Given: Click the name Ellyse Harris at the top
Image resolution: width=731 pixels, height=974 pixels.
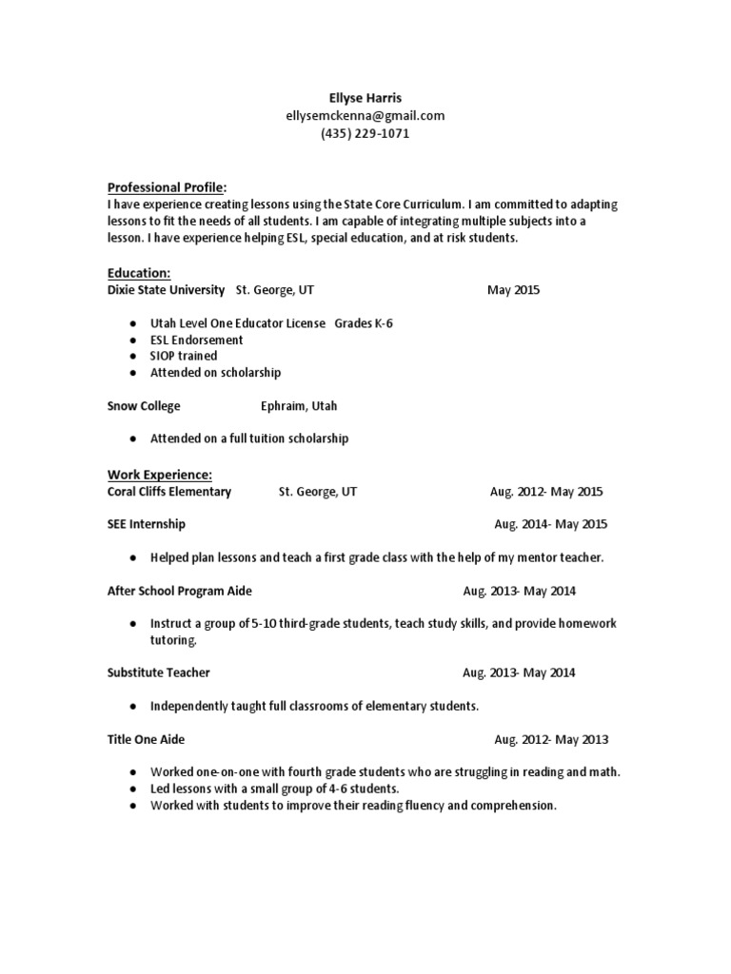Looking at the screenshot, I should point(365,98).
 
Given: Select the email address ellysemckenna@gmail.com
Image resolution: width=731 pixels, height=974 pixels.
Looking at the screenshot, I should point(365,116).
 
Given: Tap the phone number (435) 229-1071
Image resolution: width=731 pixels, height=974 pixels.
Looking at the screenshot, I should point(365,134).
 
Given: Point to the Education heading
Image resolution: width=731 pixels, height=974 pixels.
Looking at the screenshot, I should point(138,273).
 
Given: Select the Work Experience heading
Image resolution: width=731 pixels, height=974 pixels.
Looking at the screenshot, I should point(159,475).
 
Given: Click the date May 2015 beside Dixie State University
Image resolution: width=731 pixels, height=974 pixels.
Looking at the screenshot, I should point(513,290).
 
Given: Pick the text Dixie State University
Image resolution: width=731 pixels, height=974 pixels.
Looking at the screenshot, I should point(166,290).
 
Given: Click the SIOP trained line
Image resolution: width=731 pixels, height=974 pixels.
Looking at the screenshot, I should point(184,357).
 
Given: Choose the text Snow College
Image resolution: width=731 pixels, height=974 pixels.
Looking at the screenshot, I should point(144,406).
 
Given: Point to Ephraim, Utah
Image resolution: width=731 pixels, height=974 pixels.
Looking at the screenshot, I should point(299,406).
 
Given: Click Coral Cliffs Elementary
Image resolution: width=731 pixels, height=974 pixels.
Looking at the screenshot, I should point(169,492).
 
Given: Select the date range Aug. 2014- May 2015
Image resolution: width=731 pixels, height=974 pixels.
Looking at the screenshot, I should point(550,524).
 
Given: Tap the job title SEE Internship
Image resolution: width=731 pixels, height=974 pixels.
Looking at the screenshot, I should point(147,524).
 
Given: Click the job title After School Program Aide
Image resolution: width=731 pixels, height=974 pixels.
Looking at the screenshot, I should point(180,592).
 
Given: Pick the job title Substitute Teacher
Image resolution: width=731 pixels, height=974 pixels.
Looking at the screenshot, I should point(159,673).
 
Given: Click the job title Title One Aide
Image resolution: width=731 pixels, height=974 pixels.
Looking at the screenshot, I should point(147,740).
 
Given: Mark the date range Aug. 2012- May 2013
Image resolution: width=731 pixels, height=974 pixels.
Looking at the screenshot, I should point(551,740).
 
